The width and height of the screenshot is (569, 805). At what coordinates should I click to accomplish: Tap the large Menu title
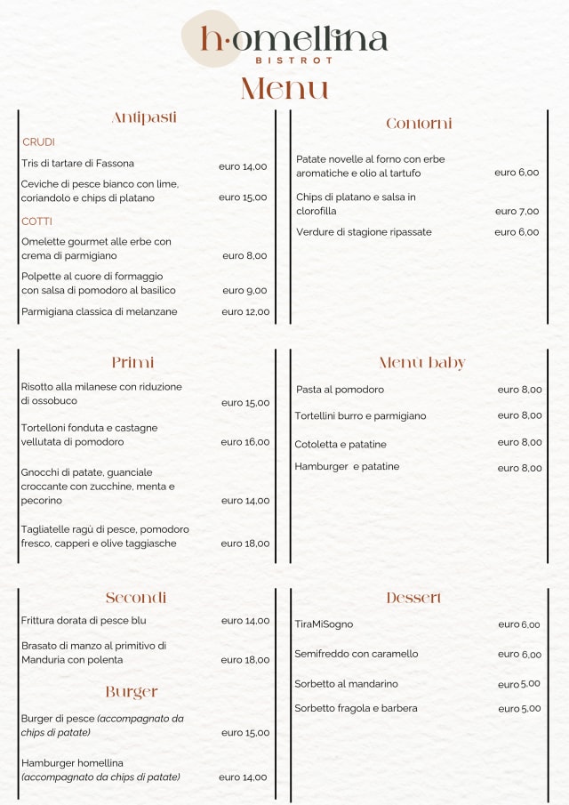[x=284, y=89]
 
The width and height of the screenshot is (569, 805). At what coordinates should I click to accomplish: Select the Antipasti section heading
[x=144, y=117]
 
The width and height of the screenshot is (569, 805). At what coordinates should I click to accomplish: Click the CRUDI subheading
[x=38, y=142]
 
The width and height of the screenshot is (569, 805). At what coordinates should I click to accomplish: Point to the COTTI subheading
[x=37, y=221]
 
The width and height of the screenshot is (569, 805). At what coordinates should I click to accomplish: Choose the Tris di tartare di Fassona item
[x=78, y=164]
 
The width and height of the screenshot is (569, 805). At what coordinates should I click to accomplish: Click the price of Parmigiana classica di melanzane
[x=245, y=312]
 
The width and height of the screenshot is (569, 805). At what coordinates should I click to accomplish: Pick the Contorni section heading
[x=419, y=124]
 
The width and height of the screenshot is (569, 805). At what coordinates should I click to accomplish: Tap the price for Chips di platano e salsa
[x=517, y=212]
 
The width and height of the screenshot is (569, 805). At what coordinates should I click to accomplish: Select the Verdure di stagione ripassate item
[x=364, y=232]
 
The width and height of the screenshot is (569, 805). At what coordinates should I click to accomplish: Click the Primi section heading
[x=133, y=362]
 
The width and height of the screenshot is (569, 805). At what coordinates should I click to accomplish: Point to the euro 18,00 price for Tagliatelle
[x=245, y=543]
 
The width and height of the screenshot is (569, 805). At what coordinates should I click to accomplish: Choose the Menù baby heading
[x=421, y=363]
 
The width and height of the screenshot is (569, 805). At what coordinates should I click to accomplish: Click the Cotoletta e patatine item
[x=341, y=445]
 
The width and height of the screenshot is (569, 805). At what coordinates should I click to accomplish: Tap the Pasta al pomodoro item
[x=340, y=390]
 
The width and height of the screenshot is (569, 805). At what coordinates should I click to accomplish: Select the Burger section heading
[x=132, y=691]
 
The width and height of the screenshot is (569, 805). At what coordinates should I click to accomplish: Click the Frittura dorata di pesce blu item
[x=84, y=621]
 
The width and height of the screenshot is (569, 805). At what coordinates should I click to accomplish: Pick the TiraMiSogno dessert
[x=324, y=624]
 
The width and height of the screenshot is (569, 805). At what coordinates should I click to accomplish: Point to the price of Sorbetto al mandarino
[x=518, y=684]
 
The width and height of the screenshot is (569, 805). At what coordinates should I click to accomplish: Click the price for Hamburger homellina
[x=243, y=777]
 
